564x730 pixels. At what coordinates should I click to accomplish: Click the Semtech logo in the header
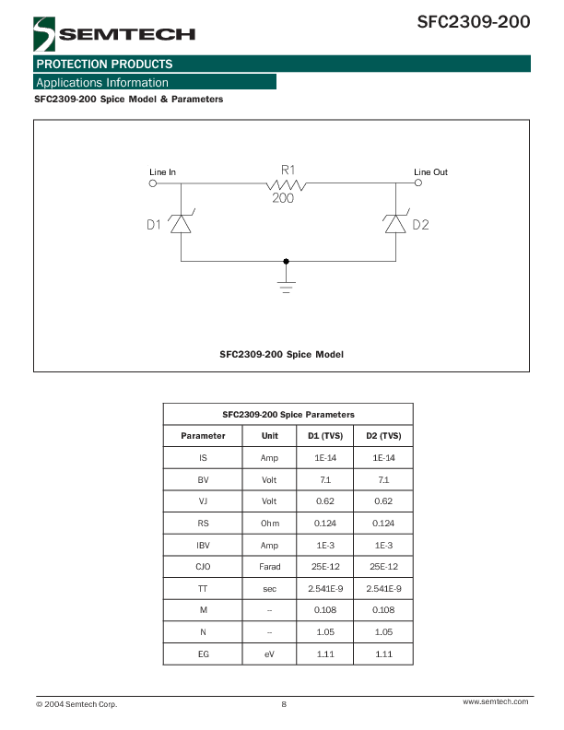click(114, 35)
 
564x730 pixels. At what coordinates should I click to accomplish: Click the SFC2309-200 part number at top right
click(474, 21)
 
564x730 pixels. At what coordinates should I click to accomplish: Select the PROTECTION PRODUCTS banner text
click(104, 65)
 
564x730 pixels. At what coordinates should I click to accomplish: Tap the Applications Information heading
click(101, 83)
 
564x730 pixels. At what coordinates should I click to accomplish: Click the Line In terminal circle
click(152, 183)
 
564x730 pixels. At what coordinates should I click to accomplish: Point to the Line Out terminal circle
click(419, 183)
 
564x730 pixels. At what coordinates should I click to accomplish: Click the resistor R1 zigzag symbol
click(287, 184)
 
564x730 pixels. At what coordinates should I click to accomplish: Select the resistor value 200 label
click(283, 199)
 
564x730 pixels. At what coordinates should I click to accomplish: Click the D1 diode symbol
click(181, 224)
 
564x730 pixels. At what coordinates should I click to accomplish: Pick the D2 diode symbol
click(396, 224)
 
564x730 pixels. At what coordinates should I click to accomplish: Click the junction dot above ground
click(287, 262)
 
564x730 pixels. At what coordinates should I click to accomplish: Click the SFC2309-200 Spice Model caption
click(281, 354)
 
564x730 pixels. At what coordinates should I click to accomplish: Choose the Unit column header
click(270, 436)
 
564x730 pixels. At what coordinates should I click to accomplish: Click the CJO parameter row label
click(203, 567)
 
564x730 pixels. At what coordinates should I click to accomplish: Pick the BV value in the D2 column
click(383, 480)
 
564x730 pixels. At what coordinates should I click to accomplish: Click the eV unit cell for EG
click(270, 654)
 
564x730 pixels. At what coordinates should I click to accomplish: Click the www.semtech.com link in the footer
click(495, 702)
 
